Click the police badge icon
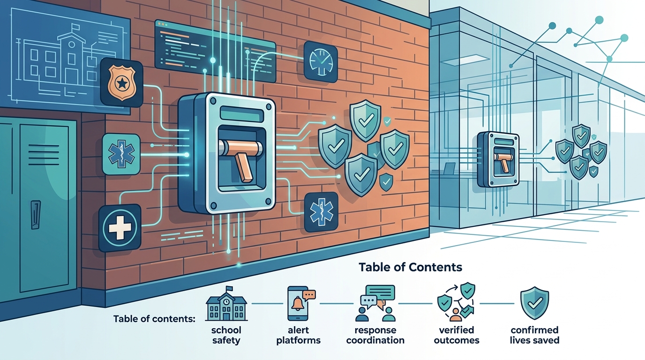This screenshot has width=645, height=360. [x=121, y=82]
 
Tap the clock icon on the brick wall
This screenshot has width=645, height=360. [x=321, y=61]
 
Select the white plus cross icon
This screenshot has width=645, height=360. [x=120, y=227]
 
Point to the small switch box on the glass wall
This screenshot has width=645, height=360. [x=498, y=159]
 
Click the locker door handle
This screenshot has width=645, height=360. [x=36, y=215]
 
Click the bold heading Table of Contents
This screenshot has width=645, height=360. [x=410, y=267]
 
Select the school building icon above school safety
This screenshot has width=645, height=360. [x=226, y=304]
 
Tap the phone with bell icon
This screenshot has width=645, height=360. [x=301, y=303]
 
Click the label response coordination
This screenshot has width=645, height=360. [x=375, y=335]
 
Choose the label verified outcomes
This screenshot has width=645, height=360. [x=457, y=335]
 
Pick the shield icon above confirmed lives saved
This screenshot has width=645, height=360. [x=535, y=303]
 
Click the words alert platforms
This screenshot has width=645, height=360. [x=298, y=335]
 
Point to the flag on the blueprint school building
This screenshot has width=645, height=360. [x=75, y=27]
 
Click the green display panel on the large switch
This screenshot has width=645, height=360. [x=242, y=114]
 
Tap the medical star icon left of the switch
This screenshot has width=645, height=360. [x=121, y=154]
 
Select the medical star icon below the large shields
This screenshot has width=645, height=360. [x=321, y=212]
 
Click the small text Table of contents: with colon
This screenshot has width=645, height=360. [x=154, y=319]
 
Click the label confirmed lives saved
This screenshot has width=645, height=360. [x=535, y=335]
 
